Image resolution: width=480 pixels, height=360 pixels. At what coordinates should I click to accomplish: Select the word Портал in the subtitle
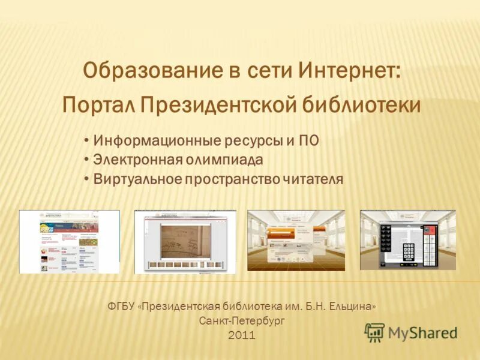coord(99,106)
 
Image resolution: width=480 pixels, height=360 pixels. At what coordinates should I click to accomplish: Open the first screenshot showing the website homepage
coord(70,241)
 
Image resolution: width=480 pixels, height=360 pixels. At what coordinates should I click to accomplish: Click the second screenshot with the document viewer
coord(185,241)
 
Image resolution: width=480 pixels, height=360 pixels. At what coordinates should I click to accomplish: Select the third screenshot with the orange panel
coord(296,240)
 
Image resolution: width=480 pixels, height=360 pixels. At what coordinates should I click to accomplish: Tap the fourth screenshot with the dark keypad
coord(408,239)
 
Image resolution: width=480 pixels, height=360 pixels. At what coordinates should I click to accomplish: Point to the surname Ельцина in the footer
coord(354,307)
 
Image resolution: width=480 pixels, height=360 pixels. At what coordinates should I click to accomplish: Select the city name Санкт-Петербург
coord(242,321)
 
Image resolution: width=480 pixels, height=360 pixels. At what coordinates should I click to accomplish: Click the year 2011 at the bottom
coord(242,335)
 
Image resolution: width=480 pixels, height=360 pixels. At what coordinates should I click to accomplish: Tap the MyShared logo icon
coord(374,332)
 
